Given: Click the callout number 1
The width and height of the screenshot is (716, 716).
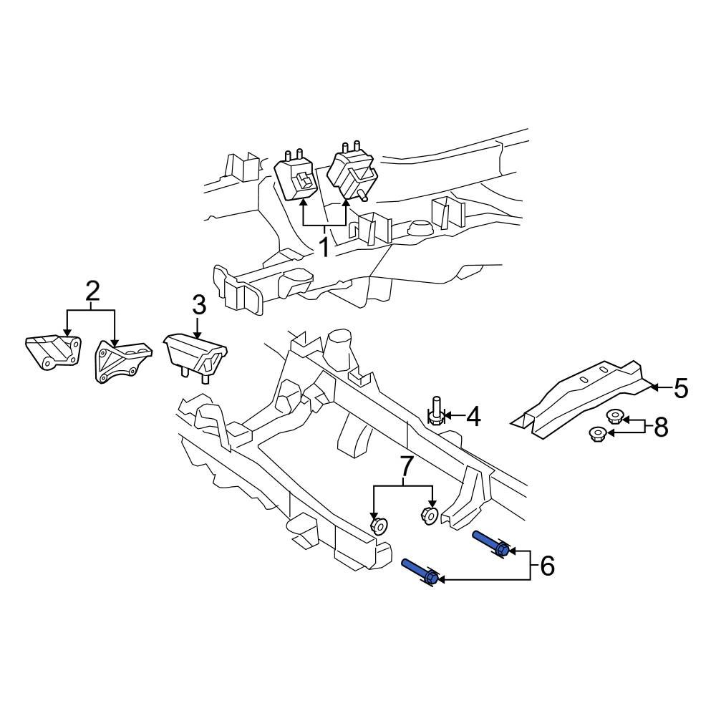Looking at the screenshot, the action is pos(324,248).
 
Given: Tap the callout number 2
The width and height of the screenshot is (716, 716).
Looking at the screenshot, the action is pos(92,291).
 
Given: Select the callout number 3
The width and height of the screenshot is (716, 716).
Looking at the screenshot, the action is pos(198,305).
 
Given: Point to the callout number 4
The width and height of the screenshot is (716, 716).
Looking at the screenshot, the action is pos(473,416).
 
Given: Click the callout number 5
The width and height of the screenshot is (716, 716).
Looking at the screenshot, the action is pos(680,388).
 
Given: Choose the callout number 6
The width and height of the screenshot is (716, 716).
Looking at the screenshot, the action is pos(547,566).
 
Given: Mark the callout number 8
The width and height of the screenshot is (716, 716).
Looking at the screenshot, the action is pos(660,427).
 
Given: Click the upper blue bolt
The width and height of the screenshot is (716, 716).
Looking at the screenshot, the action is pos(491,543).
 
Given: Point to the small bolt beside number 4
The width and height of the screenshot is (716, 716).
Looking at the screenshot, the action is pos(435,412).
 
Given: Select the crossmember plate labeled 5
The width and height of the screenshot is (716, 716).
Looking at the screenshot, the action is pos(580,397).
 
